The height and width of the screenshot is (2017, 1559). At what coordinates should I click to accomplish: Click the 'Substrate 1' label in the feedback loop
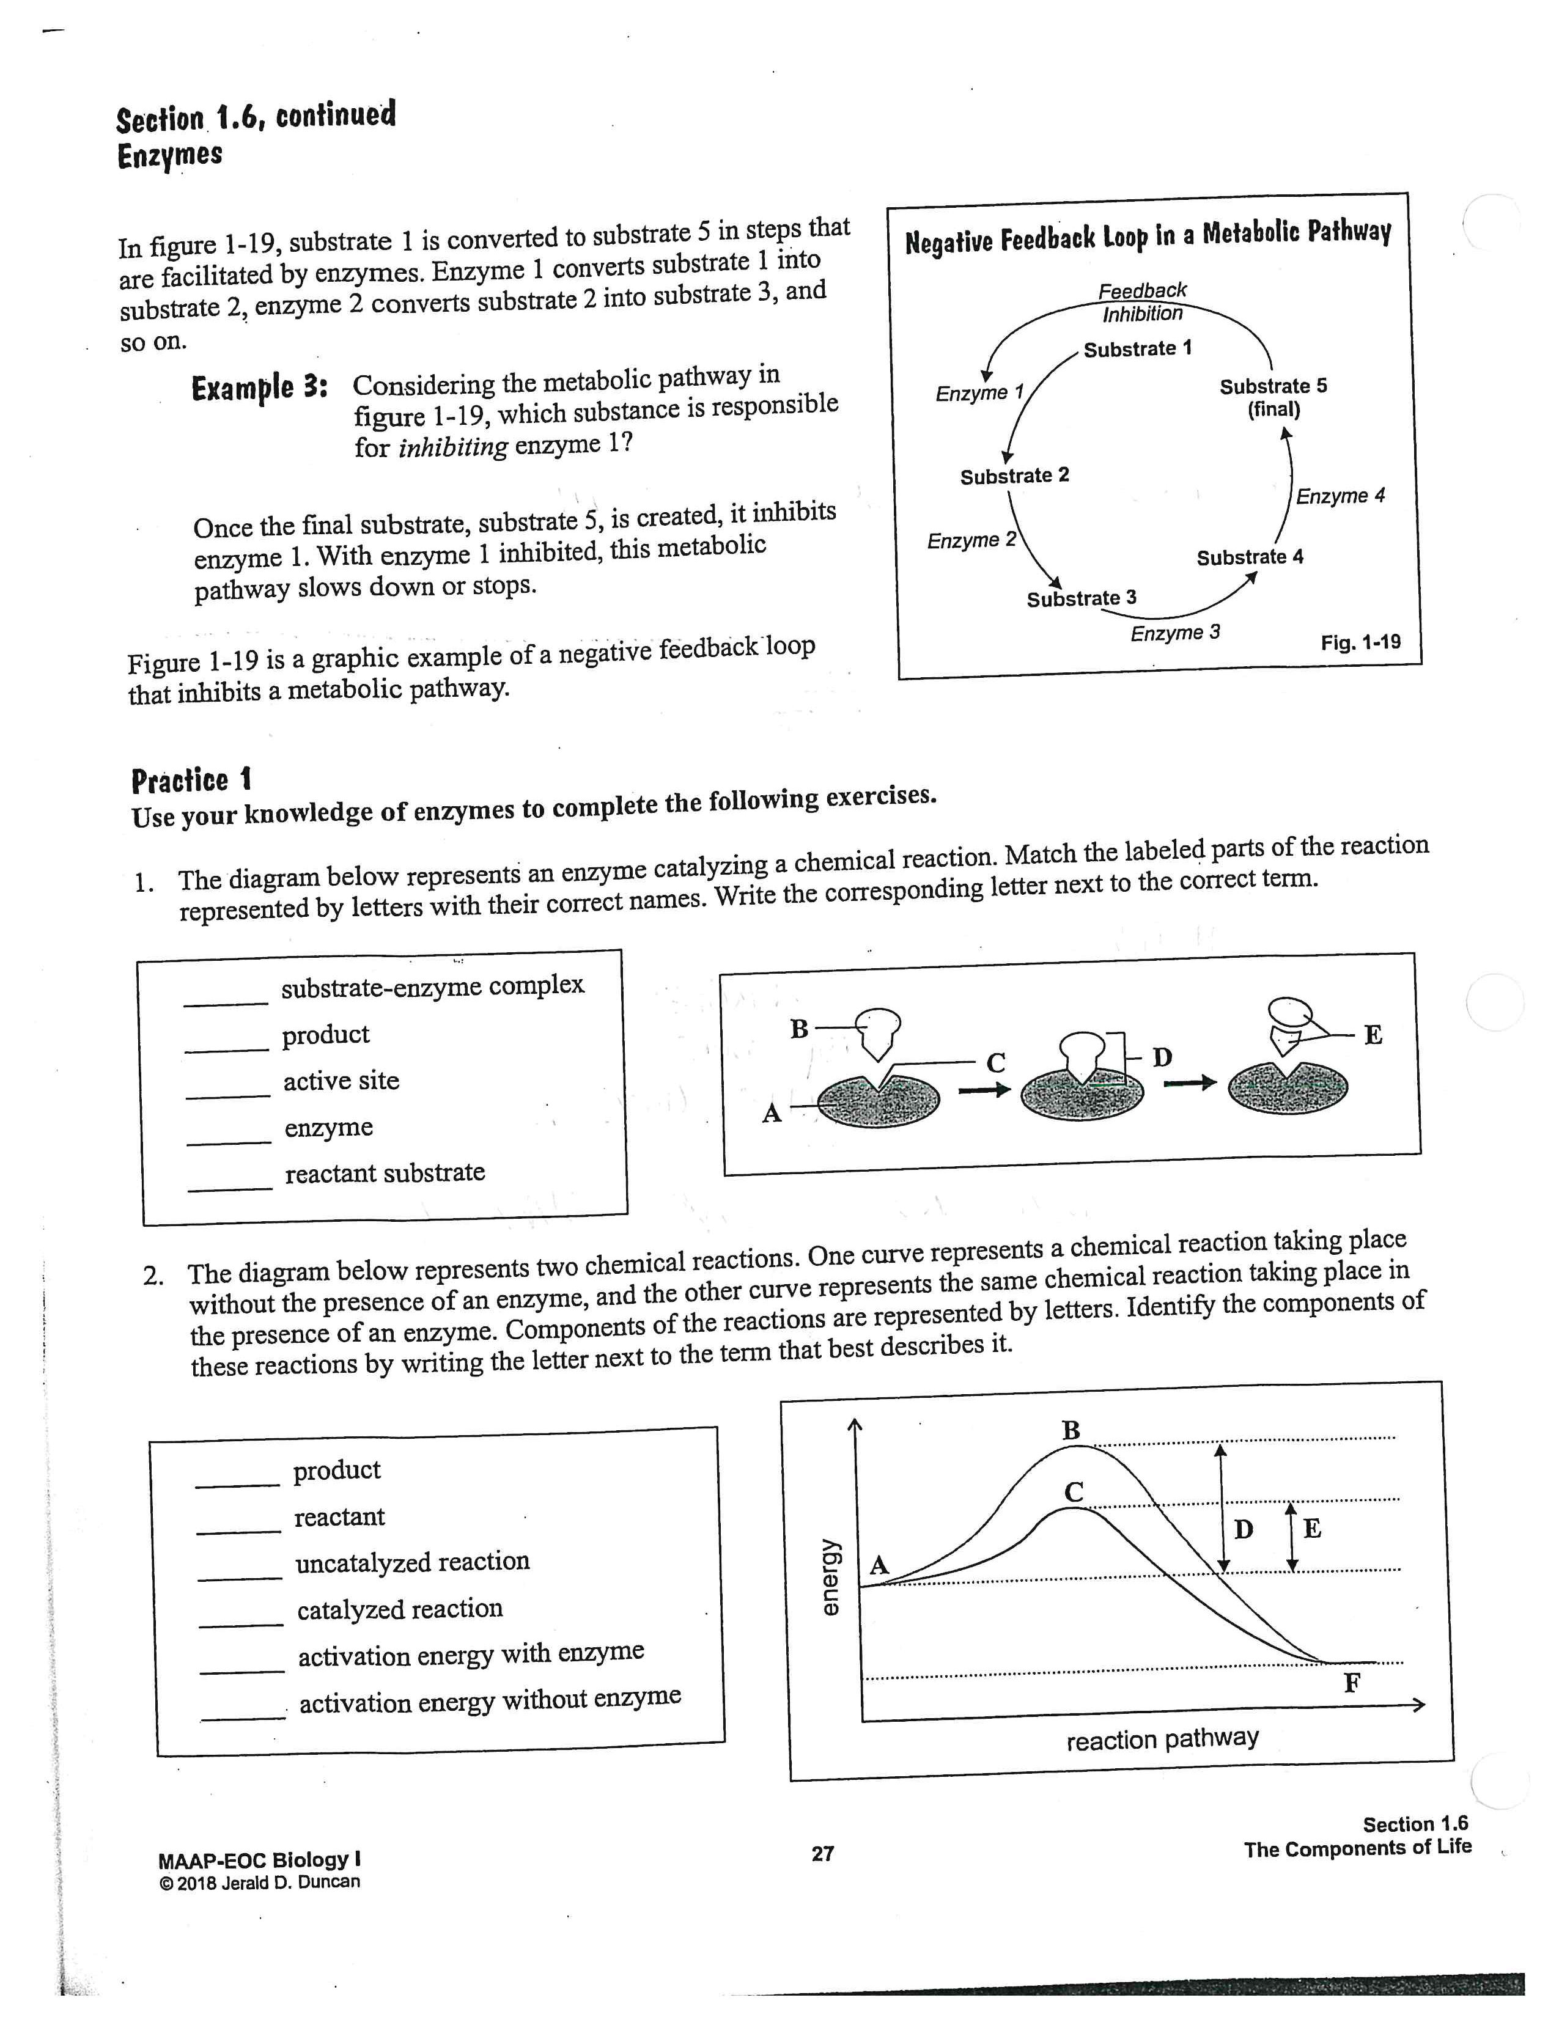click(x=1137, y=349)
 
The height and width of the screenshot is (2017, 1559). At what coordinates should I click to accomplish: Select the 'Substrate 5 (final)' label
click(x=1273, y=397)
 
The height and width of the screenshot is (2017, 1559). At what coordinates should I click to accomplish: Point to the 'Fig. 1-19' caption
click(x=1360, y=642)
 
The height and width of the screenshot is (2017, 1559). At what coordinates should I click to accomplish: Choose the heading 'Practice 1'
click(x=191, y=781)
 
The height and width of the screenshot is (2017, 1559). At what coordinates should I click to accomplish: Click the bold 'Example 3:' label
click(x=259, y=388)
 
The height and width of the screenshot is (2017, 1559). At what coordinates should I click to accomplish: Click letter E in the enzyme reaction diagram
click(x=1373, y=1035)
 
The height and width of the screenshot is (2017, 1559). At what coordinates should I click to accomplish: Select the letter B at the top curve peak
click(x=1071, y=1431)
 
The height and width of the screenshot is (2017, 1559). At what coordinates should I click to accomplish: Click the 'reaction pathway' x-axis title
click(x=1162, y=1739)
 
